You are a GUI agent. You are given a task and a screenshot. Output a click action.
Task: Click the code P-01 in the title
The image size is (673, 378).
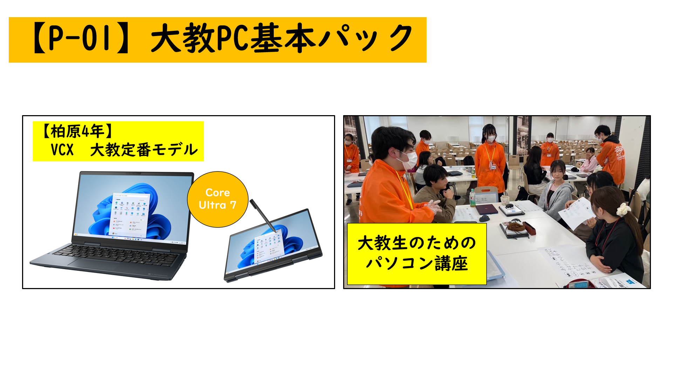click(x=82, y=38)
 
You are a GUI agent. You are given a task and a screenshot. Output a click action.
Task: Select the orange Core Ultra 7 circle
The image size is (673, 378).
click(x=218, y=199)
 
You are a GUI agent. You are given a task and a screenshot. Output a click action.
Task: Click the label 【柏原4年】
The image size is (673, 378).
click(x=77, y=132)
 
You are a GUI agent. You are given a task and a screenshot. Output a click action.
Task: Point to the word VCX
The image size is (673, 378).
click(x=62, y=150)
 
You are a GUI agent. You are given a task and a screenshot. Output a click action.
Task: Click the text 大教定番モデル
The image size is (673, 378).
click(x=144, y=150)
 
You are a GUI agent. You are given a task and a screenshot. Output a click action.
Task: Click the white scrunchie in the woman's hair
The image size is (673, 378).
click(x=623, y=209)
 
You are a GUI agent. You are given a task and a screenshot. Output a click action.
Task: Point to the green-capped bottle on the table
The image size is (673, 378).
click(x=473, y=197)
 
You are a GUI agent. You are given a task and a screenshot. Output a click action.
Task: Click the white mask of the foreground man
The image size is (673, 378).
click(x=409, y=160)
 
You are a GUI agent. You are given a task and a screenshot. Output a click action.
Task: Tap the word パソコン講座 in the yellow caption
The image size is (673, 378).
click(x=416, y=264)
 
